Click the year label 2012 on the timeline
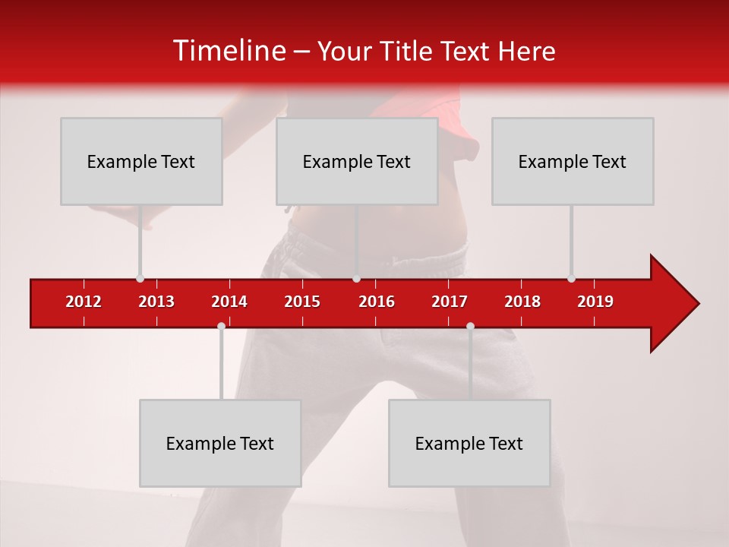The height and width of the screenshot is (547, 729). tap(84, 302)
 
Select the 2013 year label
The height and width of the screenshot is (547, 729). tap(156, 302)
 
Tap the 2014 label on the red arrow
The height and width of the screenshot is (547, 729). tap(229, 302)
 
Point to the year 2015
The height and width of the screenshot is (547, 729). tap(302, 302)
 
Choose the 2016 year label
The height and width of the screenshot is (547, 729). tap(377, 302)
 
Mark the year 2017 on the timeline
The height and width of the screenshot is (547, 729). tap(450, 302)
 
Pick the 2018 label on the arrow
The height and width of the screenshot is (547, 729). tap(522, 302)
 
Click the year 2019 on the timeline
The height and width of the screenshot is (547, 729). tap(595, 302)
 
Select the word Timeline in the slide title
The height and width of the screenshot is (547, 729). tap(229, 51)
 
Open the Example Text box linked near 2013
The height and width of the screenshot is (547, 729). tap(141, 161)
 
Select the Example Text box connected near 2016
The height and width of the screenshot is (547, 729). tap(357, 161)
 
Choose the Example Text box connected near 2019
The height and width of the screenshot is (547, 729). tap(573, 161)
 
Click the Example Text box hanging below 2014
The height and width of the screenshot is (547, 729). tap(220, 443)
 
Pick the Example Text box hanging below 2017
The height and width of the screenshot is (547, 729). tap(469, 443)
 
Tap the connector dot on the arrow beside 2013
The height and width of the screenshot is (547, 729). tap(140, 278)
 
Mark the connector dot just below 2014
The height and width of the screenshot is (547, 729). tap(221, 326)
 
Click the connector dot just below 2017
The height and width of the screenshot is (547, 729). tap(470, 326)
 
